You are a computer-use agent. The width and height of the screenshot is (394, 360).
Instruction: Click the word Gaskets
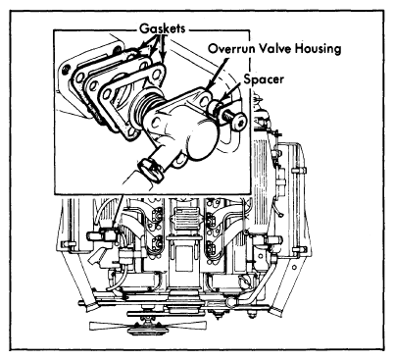pyautogui.click(x=163, y=28)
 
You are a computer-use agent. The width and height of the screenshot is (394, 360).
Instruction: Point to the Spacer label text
pyautogui.click(x=264, y=79)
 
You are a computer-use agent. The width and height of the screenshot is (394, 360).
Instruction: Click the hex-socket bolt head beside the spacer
pyautogui.click(x=237, y=121)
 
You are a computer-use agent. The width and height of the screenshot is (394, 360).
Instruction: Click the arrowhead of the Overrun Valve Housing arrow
pyautogui.click(x=207, y=87)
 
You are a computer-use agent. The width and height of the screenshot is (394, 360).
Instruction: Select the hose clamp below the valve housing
pyautogui.click(x=151, y=170)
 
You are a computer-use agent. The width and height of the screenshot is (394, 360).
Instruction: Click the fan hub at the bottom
pyautogui.click(x=145, y=329)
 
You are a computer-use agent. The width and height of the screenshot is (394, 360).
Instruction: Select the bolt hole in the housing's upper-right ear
pyautogui.click(x=207, y=99)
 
